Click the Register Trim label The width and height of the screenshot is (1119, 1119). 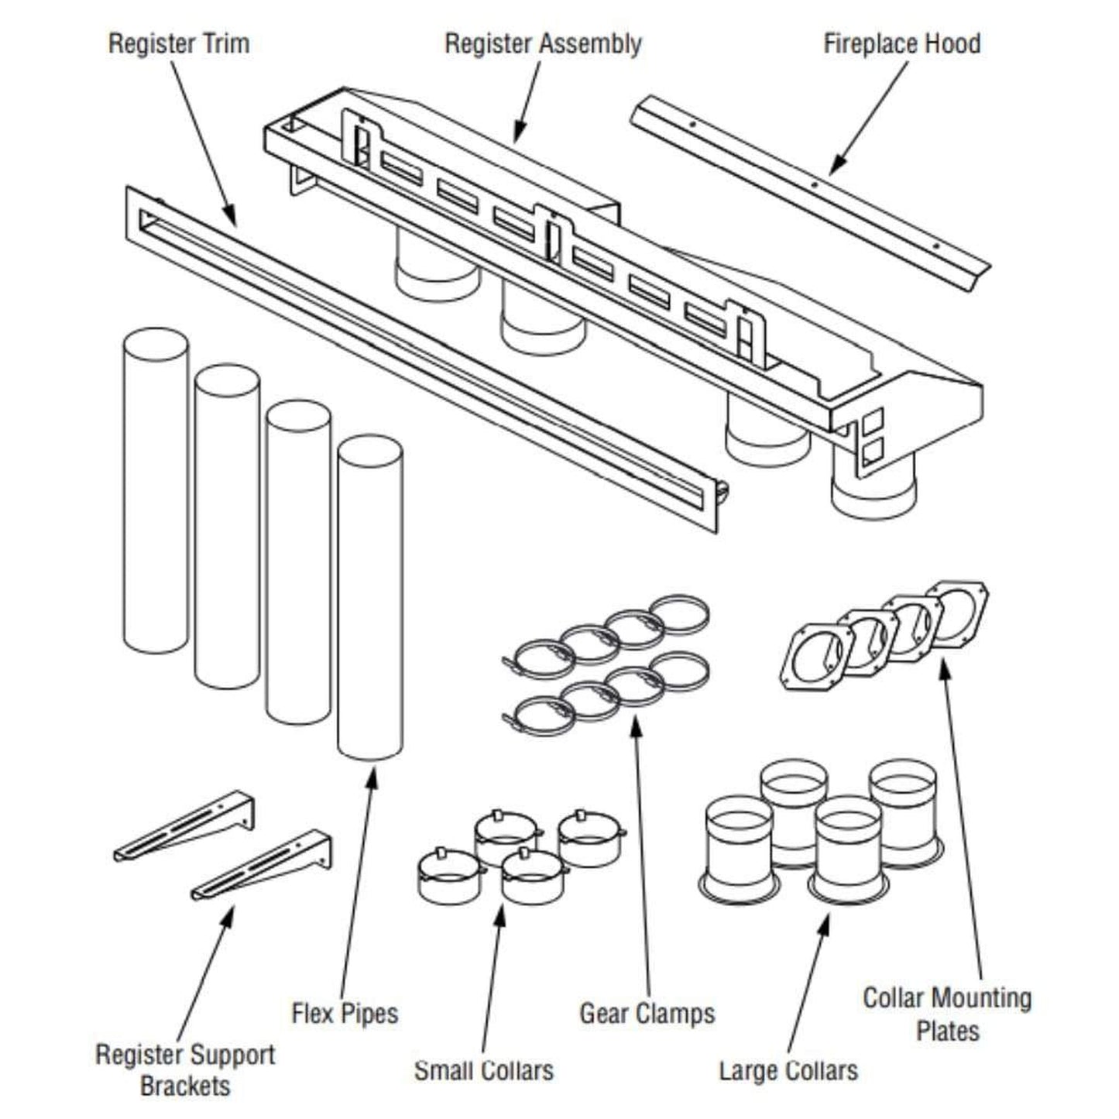pos(179,43)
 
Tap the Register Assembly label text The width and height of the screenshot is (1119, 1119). pos(542,43)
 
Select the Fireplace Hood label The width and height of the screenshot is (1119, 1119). pos(901,43)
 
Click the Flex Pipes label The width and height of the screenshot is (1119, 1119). pos(345,1013)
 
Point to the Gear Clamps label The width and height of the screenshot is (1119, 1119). pos(647,1013)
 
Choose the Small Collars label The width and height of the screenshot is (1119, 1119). pos(484,1070)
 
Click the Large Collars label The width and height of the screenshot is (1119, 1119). pos(788,1070)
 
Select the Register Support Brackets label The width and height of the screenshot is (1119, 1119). pos(185,1069)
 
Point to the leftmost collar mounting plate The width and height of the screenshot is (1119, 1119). pos(815,657)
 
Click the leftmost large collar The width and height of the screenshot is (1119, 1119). pos(740,848)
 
